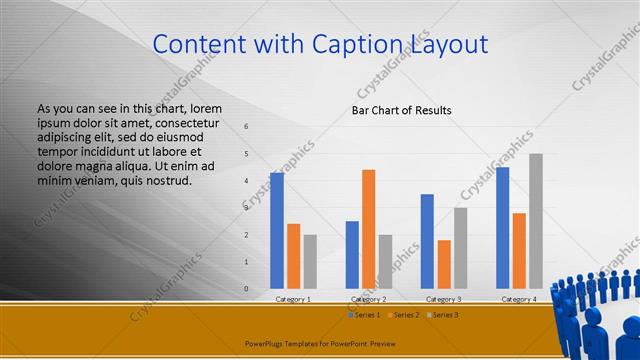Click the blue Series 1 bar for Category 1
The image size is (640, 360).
277,231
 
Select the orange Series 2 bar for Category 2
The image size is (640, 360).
369,229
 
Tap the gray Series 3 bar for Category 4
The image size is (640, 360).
536,221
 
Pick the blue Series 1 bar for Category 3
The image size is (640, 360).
427,241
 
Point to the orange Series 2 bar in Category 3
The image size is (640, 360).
444,264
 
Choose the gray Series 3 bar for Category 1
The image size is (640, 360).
310,262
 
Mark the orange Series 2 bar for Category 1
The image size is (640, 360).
294,256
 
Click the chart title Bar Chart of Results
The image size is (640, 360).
401,110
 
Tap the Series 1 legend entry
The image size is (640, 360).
363,315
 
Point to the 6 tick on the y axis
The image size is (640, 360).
247,127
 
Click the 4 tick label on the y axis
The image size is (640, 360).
247,181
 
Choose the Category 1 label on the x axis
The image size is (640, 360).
293,299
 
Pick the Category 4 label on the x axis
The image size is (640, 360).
518,299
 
